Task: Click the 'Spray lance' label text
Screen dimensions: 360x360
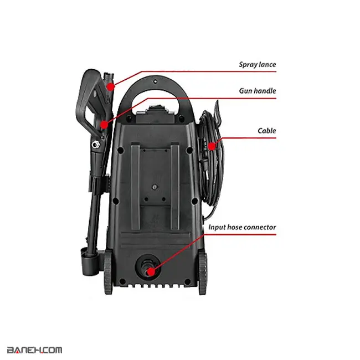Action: click(258, 64)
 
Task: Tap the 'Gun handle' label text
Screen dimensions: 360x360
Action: click(258, 91)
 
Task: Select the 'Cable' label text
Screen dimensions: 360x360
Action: click(267, 131)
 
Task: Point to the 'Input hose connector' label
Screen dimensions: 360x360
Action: click(242, 227)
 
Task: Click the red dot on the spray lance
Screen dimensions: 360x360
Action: click(111, 87)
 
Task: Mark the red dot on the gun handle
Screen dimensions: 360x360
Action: click(104, 125)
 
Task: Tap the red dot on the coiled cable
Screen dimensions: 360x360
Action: click(212, 146)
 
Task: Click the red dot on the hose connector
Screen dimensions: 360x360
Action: click(151, 272)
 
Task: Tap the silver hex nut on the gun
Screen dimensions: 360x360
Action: click(95, 145)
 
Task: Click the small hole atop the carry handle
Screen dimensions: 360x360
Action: click(156, 81)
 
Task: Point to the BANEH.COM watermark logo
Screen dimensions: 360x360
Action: click(35, 350)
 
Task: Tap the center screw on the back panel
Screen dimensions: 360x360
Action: click(155, 187)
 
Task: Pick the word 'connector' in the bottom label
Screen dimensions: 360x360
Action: click(259, 227)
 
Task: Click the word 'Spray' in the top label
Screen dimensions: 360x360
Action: click(248, 65)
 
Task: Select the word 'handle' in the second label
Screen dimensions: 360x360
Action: click(265, 91)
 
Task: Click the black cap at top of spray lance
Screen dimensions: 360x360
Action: click(109, 76)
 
